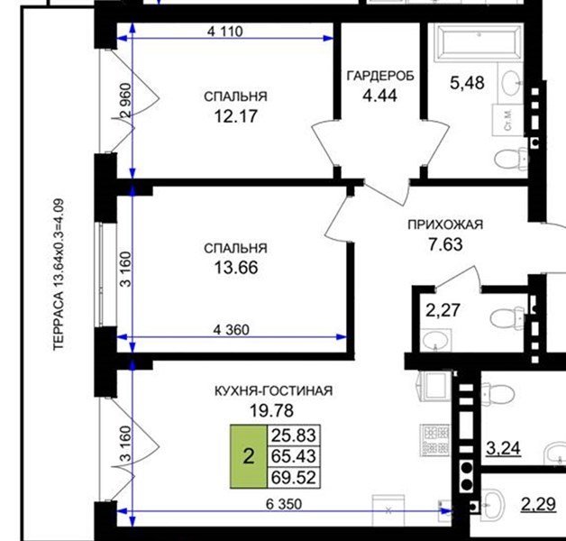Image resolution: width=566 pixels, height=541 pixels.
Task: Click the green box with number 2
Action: (x=249, y=456)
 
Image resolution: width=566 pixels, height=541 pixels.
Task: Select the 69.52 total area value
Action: (x=294, y=478)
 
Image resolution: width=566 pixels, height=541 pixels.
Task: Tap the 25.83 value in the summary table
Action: (x=294, y=436)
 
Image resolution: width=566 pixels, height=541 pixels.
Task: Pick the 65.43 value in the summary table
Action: (x=294, y=456)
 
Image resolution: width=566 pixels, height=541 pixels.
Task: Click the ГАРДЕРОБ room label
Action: (x=380, y=76)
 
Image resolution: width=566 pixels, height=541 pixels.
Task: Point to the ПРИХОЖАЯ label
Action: (x=445, y=225)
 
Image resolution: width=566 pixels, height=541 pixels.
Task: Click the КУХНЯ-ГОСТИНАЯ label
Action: (x=274, y=390)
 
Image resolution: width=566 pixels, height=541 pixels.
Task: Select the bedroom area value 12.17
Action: (x=236, y=116)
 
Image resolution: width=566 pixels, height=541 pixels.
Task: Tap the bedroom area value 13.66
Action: (x=236, y=268)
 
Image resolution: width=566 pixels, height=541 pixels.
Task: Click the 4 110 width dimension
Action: (x=225, y=32)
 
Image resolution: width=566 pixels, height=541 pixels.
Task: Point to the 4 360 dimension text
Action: (x=231, y=330)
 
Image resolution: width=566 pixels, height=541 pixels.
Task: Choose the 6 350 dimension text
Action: (x=284, y=504)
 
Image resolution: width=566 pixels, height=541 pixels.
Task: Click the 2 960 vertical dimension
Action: (x=126, y=100)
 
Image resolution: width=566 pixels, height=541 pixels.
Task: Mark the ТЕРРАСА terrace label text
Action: (x=59, y=274)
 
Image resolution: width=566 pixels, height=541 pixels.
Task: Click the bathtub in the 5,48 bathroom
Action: (x=479, y=41)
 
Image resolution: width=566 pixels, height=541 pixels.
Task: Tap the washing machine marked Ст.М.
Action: (x=508, y=120)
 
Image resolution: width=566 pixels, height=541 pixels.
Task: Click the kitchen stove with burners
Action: (x=435, y=439)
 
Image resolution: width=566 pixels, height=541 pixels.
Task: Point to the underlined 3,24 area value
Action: (x=503, y=449)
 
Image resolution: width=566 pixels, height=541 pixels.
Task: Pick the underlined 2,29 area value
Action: (x=538, y=504)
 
